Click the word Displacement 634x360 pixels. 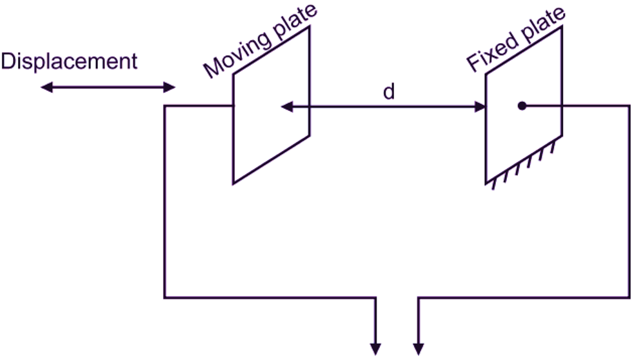coord(69,61)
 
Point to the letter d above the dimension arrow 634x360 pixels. coord(389,92)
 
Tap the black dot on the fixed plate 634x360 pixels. coord(522,106)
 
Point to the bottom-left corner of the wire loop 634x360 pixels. coord(165,297)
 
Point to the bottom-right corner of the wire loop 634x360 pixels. coord(628,297)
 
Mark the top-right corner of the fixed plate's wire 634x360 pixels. coord(628,106)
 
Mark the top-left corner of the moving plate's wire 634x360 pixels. coord(165,106)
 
